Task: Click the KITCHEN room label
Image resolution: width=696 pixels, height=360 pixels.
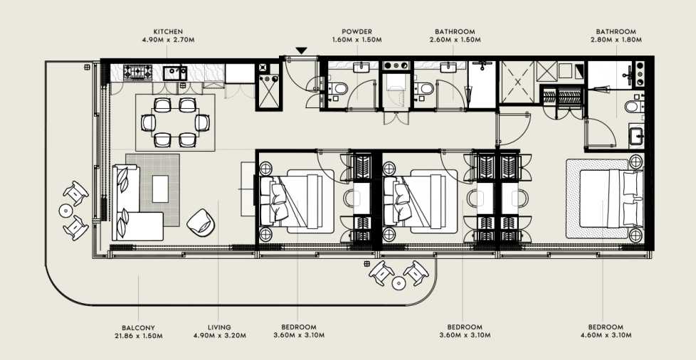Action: tap(168, 32)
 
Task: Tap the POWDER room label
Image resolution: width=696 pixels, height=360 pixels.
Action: tap(357, 32)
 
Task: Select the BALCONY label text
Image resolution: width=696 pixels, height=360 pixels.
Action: tap(138, 327)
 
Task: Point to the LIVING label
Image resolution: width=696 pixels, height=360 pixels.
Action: tap(218, 327)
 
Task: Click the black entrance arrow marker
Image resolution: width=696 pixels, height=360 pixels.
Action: tap(302, 51)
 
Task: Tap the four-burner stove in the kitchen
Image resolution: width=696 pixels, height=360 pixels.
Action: tap(137, 71)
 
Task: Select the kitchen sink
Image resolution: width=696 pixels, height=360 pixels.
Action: tap(175, 73)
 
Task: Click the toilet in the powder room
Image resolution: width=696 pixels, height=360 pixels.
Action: tap(339, 88)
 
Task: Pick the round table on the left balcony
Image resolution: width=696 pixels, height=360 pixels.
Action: tap(65, 210)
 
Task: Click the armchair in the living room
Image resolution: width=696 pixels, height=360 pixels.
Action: tap(201, 223)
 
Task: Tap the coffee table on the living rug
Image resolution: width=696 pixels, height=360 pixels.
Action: tap(160, 189)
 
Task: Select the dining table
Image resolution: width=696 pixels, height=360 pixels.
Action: tap(174, 122)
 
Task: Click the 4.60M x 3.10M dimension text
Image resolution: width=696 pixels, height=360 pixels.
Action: tap(606, 336)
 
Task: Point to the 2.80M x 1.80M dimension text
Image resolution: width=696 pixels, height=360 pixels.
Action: tap(616, 40)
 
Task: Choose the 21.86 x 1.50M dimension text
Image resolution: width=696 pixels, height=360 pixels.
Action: tap(139, 336)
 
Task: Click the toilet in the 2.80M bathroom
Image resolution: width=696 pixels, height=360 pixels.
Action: tap(632, 107)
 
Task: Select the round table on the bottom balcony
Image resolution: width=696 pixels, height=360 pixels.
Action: tap(399, 282)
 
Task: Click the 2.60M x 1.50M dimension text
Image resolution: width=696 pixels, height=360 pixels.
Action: tap(455, 40)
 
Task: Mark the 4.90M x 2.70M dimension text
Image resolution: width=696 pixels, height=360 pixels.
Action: tap(168, 40)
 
